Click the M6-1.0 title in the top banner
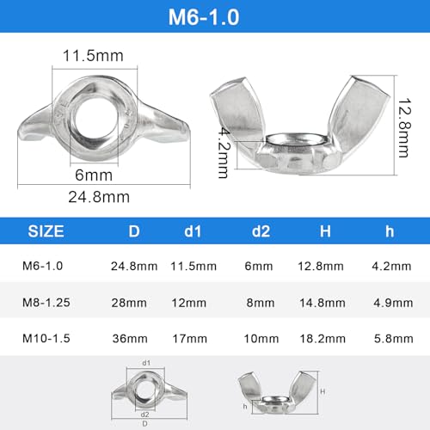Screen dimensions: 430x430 (204, 17)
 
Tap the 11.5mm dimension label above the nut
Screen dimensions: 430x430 (93, 56)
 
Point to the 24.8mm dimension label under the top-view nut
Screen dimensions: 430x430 (99, 197)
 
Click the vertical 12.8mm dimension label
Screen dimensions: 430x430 (405, 128)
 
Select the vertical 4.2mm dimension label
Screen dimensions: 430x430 (224, 153)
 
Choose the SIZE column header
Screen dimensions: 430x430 (46, 231)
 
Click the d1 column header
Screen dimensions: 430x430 (193, 231)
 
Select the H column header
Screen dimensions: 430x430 (325, 231)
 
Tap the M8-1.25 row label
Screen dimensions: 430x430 (46, 303)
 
